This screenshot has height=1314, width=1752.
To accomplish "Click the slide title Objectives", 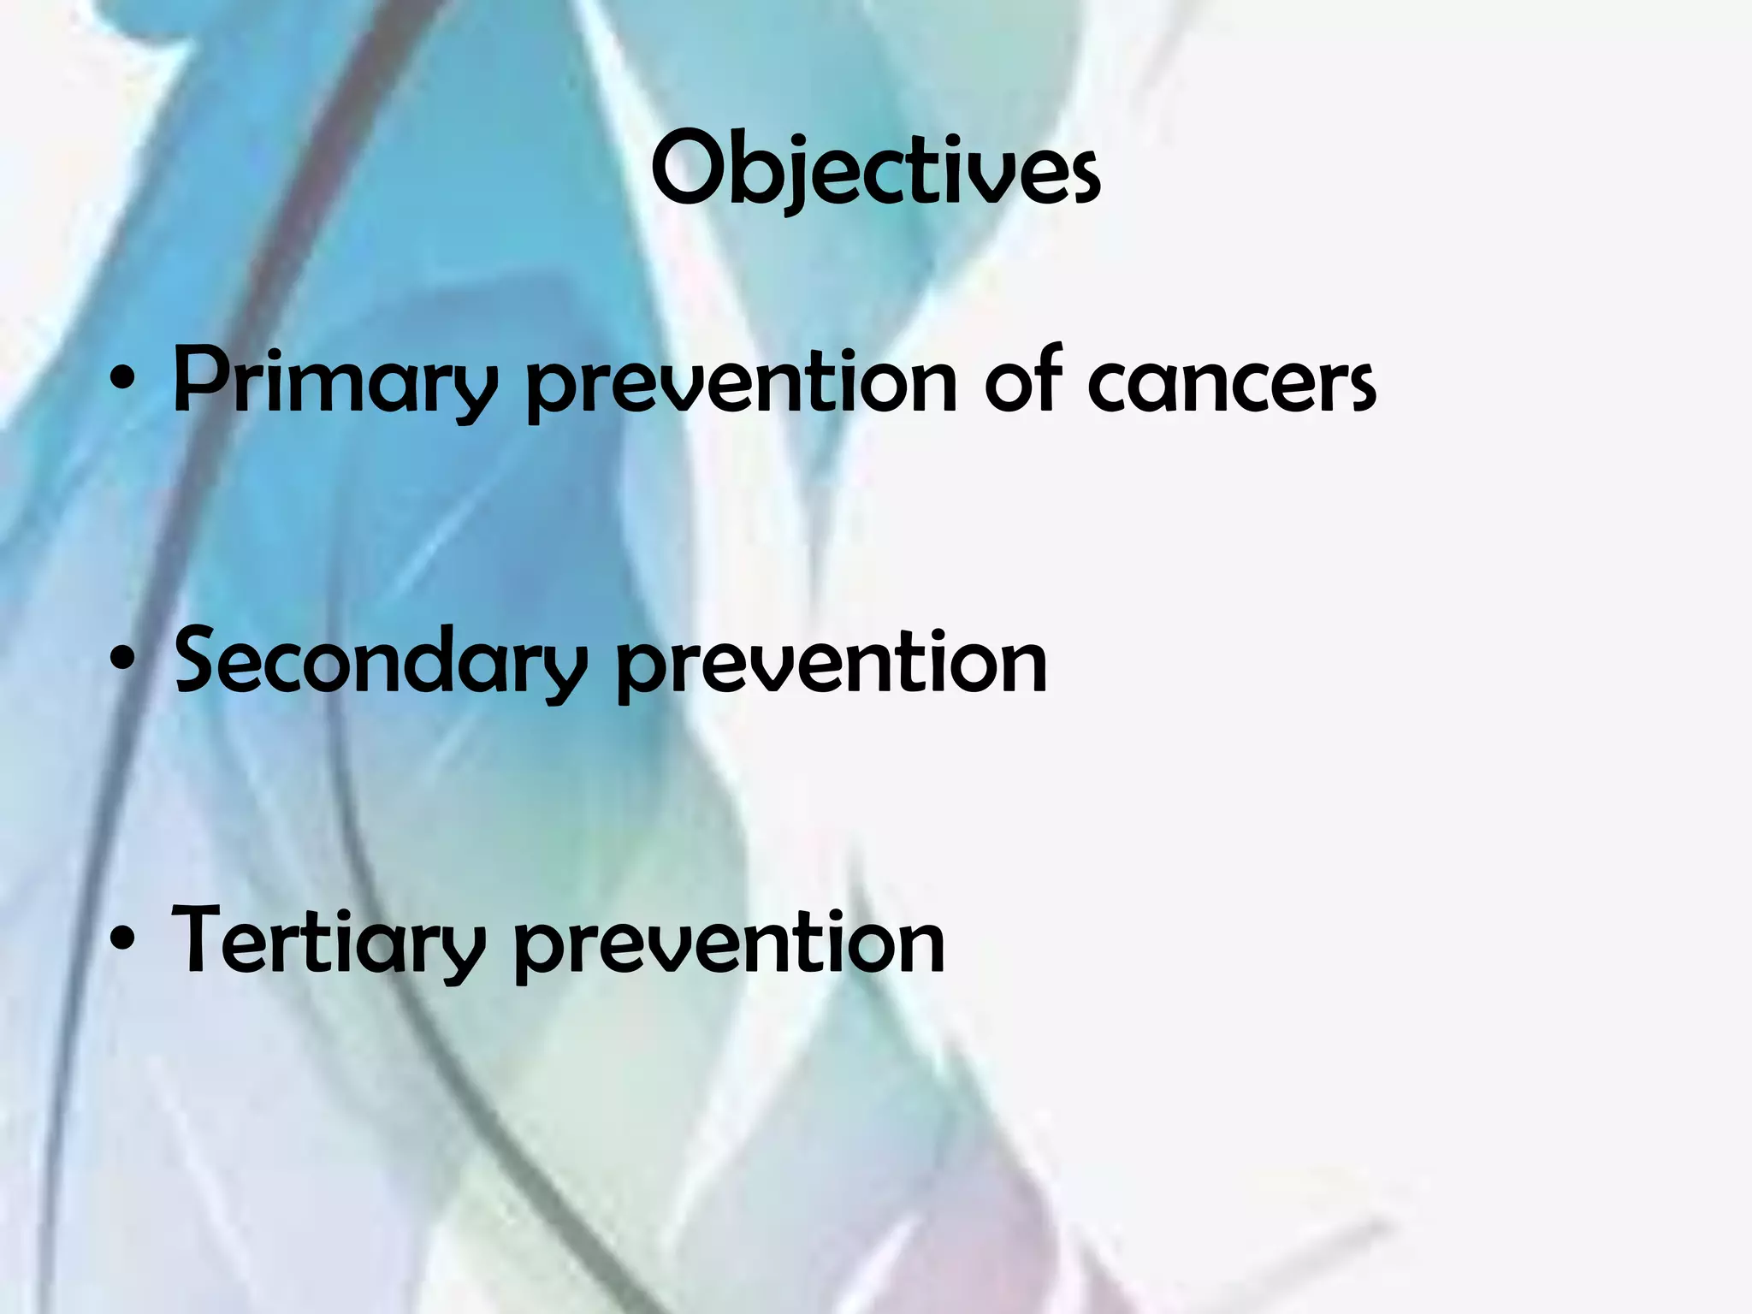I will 875,171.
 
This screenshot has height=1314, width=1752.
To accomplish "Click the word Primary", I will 334,382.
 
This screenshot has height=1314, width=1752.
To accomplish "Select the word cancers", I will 1232,382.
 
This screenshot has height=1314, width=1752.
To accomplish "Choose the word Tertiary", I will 328,941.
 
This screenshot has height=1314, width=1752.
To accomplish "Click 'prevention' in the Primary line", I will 741,382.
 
